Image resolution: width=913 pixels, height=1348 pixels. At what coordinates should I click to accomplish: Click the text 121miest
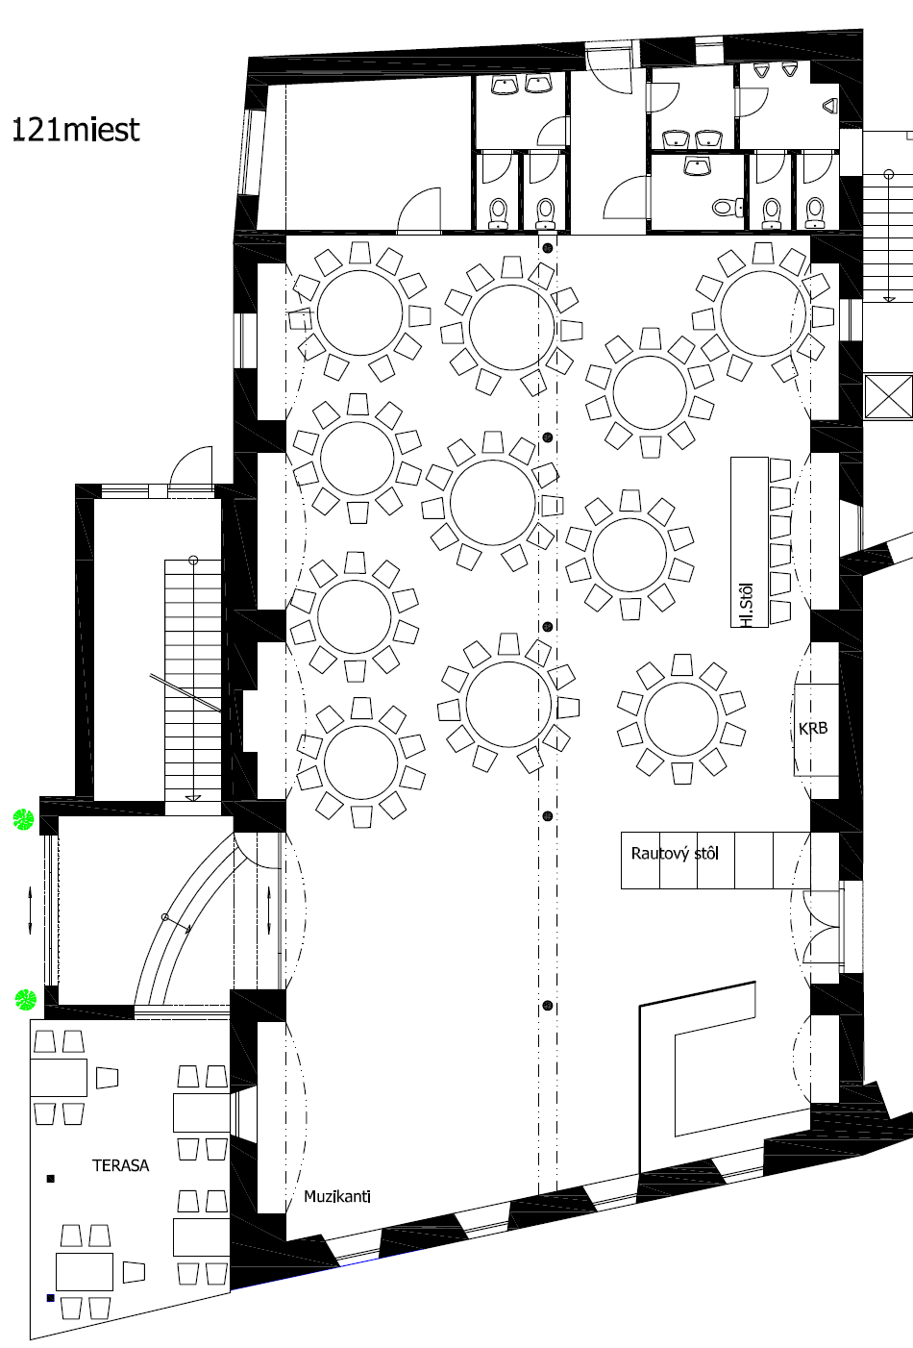click(x=76, y=130)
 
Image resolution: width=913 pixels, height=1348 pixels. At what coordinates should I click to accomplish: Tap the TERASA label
click(x=121, y=1165)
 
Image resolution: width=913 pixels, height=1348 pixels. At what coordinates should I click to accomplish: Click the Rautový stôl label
click(x=675, y=854)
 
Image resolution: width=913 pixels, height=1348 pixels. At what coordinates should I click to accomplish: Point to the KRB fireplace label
click(x=813, y=729)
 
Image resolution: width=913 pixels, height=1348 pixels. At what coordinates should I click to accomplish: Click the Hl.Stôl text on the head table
click(x=748, y=605)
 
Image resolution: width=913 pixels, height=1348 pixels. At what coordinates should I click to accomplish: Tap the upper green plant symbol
click(x=23, y=819)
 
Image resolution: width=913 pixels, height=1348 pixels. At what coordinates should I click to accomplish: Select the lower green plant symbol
click(x=25, y=1000)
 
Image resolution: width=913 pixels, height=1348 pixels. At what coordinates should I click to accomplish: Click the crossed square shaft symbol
click(x=888, y=396)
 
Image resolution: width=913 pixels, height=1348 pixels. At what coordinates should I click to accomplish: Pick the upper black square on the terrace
click(x=51, y=1179)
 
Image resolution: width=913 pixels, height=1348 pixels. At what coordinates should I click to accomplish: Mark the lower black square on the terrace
click(x=51, y=1298)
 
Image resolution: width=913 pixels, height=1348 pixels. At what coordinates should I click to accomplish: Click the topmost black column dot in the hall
click(x=547, y=248)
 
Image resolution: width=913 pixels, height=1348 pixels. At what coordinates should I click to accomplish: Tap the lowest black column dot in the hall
click(x=547, y=1005)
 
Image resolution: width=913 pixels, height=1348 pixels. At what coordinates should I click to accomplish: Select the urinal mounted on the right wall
click(x=830, y=106)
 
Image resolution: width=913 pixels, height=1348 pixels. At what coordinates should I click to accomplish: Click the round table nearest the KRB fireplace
click(x=681, y=718)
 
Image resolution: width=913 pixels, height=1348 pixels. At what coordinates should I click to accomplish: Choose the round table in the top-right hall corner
click(x=763, y=313)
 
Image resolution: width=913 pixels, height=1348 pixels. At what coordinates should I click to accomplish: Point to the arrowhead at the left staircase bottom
click(x=193, y=798)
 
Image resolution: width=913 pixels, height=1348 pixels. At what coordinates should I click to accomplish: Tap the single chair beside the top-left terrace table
click(x=107, y=1077)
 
